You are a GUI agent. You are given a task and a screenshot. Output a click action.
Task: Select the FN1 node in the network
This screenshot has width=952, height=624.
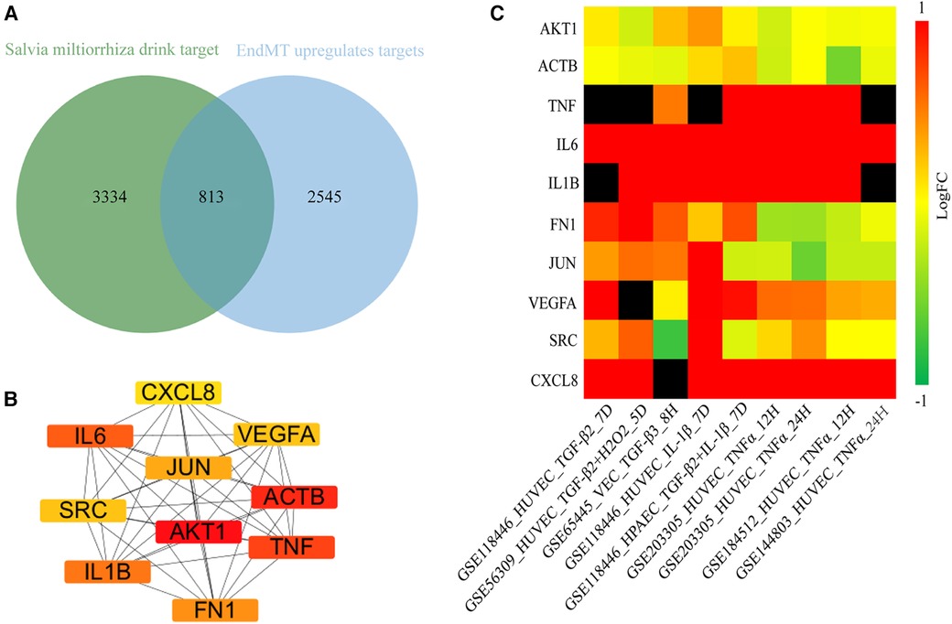pyautogui.click(x=214, y=609)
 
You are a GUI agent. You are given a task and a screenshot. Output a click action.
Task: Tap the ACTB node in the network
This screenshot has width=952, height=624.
pyautogui.click(x=295, y=498)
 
